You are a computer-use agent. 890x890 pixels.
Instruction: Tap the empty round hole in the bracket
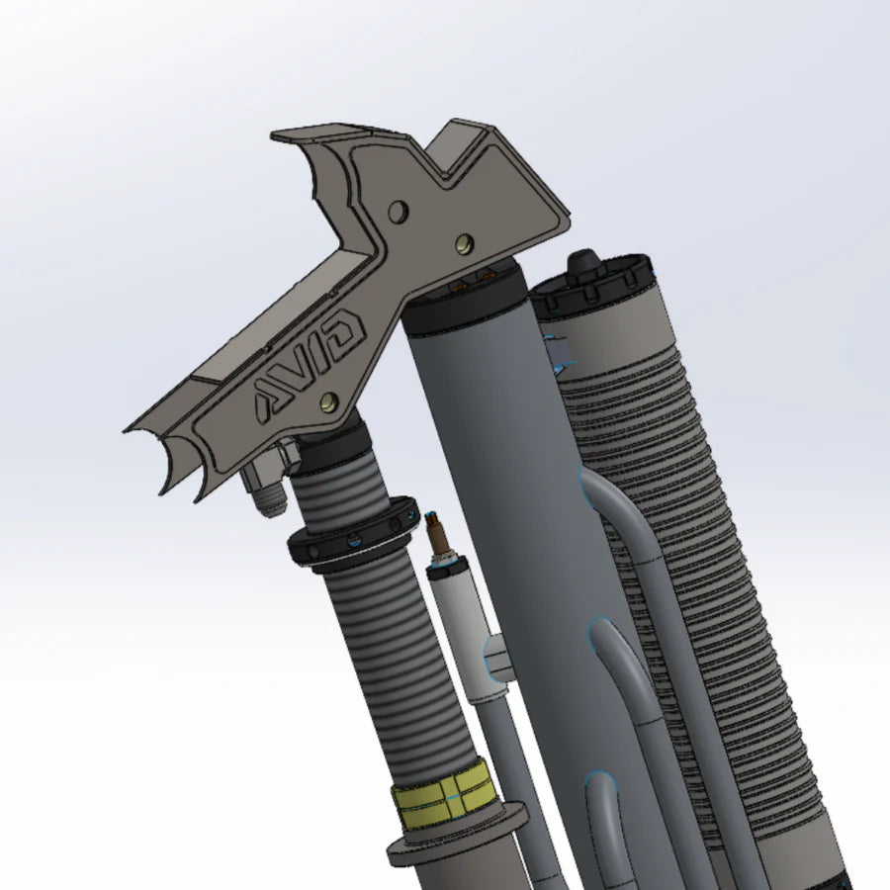[399, 212]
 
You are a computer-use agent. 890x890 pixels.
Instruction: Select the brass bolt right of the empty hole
[465, 243]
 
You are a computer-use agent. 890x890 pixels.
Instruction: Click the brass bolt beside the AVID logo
[329, 401]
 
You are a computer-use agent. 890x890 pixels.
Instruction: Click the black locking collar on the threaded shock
[352, 534]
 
